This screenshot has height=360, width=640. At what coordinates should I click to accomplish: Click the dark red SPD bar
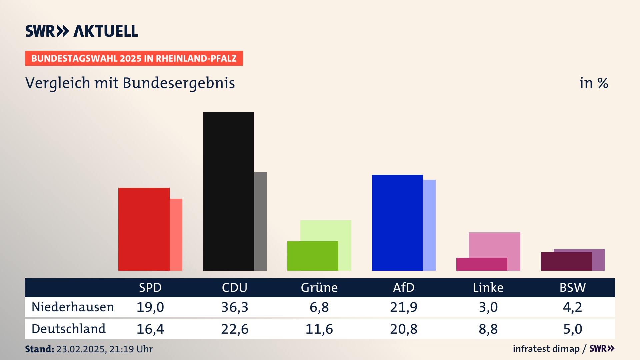tap(144, 229)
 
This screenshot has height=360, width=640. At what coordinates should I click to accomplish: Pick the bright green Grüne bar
tap(313, 256)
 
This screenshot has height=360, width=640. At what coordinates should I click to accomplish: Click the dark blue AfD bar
tap(397, 222)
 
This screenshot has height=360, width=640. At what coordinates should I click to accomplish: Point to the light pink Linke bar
tap(495, 245)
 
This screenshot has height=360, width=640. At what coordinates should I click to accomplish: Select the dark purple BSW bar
tap(566, 261)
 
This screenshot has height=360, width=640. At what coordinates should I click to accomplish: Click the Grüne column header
tap(319, 287)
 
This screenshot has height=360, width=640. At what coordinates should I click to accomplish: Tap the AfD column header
tap(404, 287)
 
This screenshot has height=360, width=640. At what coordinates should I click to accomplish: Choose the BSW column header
tap(572, 287)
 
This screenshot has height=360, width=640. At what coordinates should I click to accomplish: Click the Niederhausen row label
tap(73, 307)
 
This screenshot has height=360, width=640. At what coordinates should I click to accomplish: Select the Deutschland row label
tap(69, 329)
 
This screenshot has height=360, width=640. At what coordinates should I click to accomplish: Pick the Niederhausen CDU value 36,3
tap(235, 307)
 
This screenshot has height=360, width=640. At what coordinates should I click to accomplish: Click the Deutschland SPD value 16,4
tap(150, 329)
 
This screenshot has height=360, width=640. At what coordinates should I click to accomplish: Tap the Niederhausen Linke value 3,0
tap(488, 307)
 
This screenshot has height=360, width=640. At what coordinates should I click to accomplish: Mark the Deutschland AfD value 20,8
tap(404, 329)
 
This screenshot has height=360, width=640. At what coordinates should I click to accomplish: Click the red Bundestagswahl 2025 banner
tap(134, 58)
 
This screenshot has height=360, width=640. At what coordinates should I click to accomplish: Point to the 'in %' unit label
tap(594, 83)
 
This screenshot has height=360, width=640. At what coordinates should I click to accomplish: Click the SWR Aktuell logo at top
tap(82, 31)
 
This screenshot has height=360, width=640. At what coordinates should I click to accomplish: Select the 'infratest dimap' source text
tap(546, 349)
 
